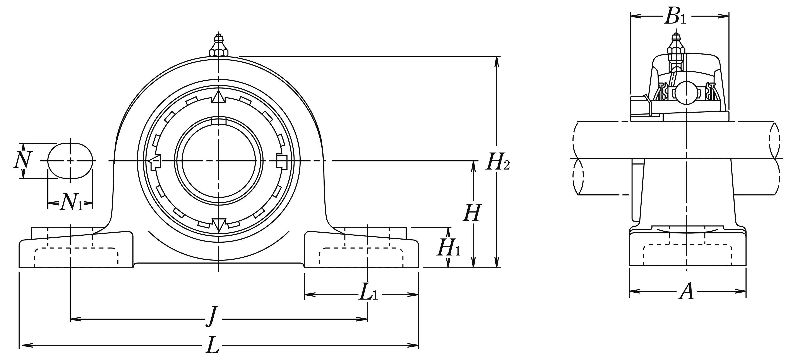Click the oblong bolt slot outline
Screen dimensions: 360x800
(70, 161)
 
